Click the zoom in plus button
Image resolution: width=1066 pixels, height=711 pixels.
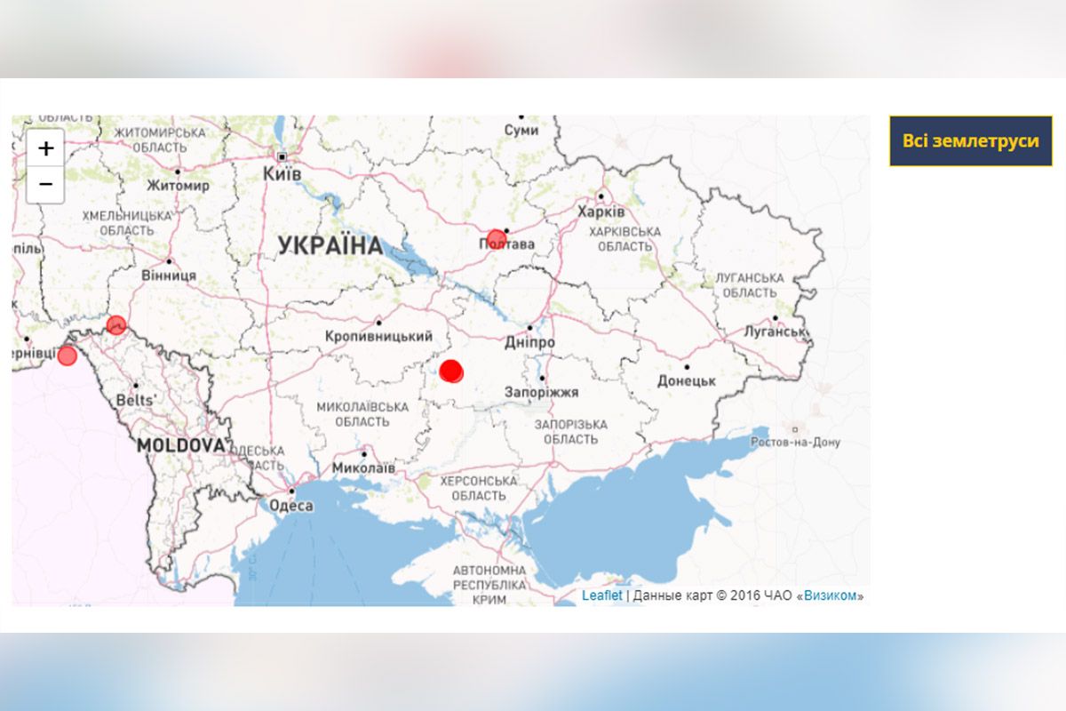coord(45,148)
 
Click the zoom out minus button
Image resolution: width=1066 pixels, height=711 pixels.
coord(45,185)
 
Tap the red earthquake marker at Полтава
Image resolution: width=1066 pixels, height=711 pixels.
coord(496,239)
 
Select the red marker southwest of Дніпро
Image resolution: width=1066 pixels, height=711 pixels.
coord(451,371)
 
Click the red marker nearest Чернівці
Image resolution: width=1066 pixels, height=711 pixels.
coord(67,355)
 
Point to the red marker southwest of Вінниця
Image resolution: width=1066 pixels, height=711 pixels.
coord(115,324)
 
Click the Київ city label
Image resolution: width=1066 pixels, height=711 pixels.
coord(282,174)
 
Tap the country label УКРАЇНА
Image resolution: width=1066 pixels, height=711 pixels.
coord(330,246)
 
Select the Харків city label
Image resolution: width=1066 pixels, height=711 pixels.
coord(601,212)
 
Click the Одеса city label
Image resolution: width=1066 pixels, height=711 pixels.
coord(290,506)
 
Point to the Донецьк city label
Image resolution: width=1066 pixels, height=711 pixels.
coord(687,380)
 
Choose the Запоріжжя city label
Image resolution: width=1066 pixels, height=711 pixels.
coord(542,392)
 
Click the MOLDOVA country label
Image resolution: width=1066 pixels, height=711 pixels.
coord(181,445)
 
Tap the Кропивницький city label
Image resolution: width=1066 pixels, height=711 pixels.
coord(379,337)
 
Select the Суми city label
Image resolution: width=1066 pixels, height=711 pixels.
coord(521,130)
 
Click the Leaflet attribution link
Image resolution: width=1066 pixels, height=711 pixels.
coord(601,595)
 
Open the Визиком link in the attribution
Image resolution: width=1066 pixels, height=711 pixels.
coord(831,595)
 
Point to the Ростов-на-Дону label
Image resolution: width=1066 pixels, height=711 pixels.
coord(795,442)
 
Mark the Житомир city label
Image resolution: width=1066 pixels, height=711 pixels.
coord(179,186)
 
